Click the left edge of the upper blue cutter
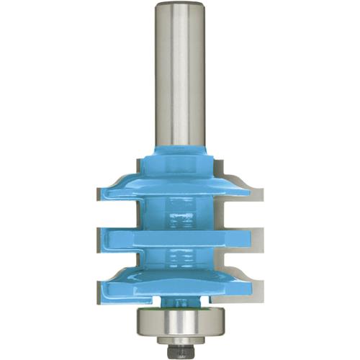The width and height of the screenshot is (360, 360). coord(101,192)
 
